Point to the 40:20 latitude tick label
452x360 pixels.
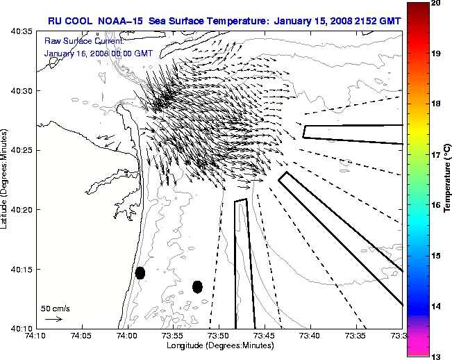coord(21,209)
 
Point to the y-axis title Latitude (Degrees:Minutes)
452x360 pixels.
coord(6,179)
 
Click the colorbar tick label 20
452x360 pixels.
coord(435,3)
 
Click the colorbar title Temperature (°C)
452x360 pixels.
coord(448,179)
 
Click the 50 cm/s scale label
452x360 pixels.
coord(55,308)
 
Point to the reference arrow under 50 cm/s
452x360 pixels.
coord(53,319)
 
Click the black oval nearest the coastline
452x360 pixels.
coord(140,272)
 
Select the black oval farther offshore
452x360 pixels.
coord(197,286)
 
